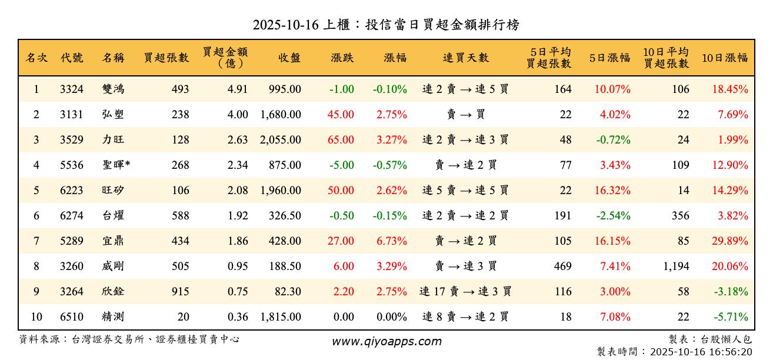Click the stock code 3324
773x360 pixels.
72,89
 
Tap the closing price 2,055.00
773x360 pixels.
280,140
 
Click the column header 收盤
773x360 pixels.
289,58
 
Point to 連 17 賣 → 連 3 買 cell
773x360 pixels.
465,292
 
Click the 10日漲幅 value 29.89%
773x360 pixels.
730,241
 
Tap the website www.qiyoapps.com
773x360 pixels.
386,341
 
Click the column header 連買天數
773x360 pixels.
465,58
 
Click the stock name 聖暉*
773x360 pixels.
116,165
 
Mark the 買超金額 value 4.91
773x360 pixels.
238,89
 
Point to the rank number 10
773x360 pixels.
36,317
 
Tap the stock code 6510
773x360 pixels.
72,317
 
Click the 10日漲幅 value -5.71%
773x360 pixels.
731,317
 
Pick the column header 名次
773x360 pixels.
36,58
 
